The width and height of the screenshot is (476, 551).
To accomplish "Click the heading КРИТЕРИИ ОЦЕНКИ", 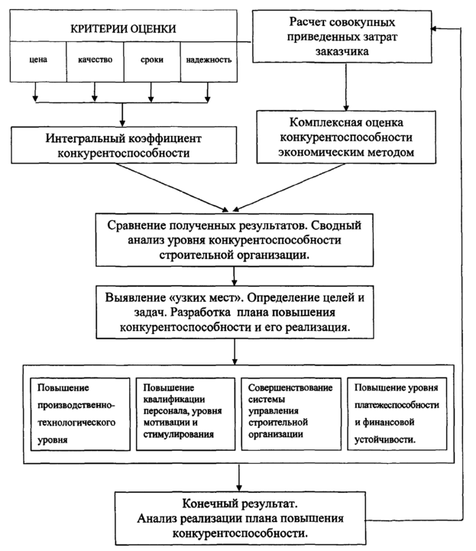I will point(123,29).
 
